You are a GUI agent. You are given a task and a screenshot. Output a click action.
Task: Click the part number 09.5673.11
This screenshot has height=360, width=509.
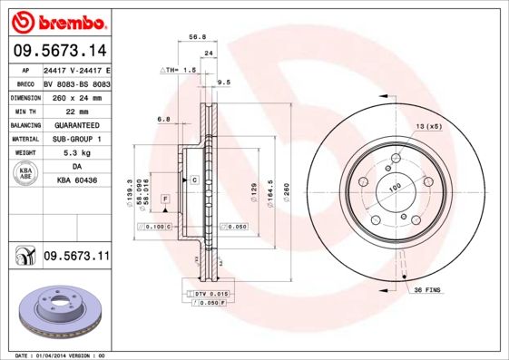pyautogui.click(x=76, y=258)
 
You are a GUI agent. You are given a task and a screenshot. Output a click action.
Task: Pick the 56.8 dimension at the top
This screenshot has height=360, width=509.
pyautogui.click(x=196, y=38)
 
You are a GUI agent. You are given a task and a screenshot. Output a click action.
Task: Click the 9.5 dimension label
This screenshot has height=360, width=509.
pyautogui.click(x=224, y=83)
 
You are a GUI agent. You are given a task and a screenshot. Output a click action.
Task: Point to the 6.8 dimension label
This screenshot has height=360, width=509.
pyautogui.click(x=163, y=120)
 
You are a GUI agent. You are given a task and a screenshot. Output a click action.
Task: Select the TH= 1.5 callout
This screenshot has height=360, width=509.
pyautogui.click(x=180, y=69)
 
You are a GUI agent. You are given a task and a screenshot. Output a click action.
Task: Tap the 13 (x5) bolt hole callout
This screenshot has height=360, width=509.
pyautogui.click(x=429, y=126)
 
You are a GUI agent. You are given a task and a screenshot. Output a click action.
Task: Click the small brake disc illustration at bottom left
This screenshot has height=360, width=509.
pyautogui.click(x=55, y=314)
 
